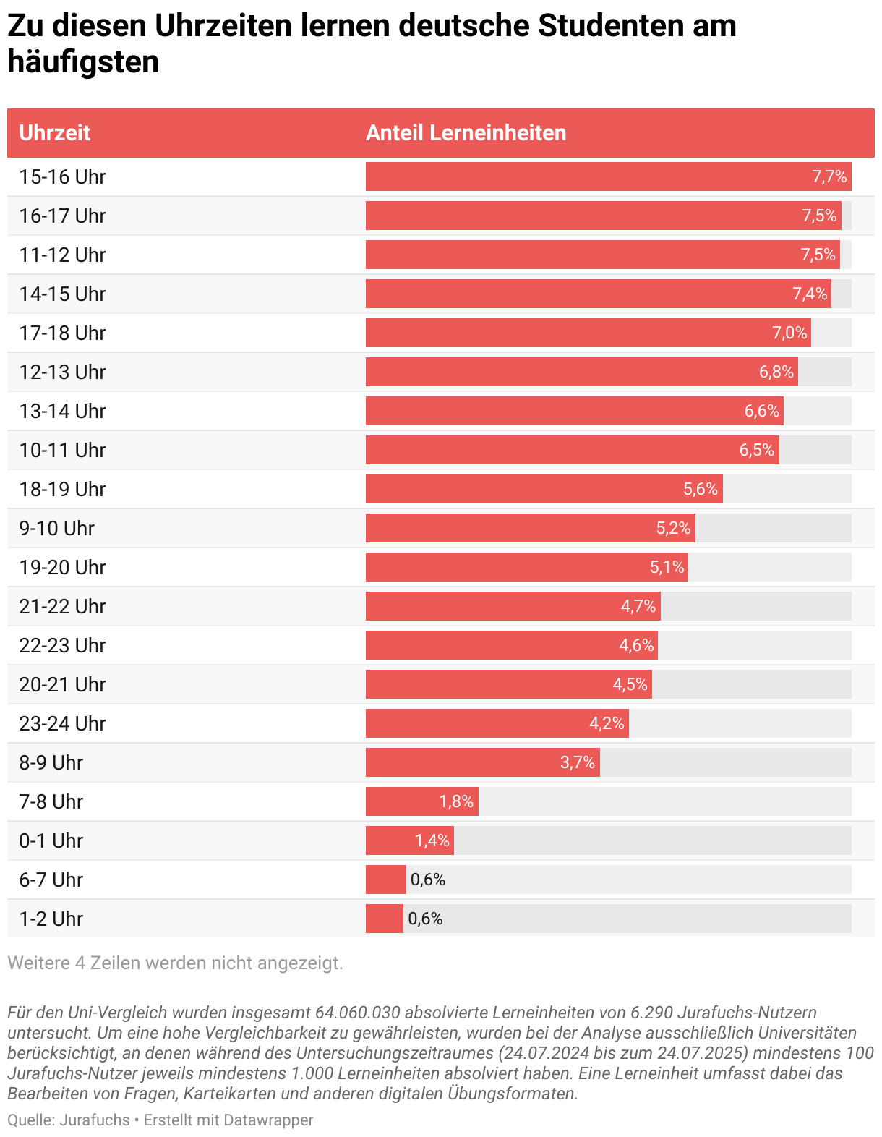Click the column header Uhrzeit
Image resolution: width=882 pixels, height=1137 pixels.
55,133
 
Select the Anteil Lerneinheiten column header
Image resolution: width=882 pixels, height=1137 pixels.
466,133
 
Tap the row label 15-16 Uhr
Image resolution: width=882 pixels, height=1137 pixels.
62,177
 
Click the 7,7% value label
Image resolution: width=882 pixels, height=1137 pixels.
829,177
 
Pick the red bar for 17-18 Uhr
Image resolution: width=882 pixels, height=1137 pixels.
564,333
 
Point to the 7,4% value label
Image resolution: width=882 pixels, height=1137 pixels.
810,294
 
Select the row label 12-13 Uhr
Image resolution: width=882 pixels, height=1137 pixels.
62,372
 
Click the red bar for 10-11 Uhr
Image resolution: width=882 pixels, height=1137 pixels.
549,451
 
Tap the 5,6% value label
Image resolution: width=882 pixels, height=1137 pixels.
701,490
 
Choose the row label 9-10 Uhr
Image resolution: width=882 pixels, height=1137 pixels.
56,529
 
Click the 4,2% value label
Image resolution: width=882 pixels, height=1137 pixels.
607,724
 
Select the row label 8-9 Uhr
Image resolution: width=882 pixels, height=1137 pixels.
51,763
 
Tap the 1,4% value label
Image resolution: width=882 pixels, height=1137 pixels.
432,841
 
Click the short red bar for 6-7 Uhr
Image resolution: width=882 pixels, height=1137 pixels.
385,880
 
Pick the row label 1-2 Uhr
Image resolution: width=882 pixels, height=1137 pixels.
51,919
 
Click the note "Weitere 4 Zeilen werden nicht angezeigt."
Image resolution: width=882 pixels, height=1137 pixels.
175,963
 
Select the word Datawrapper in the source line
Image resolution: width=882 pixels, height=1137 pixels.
268,1120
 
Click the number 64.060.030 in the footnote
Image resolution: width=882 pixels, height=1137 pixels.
357,1013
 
